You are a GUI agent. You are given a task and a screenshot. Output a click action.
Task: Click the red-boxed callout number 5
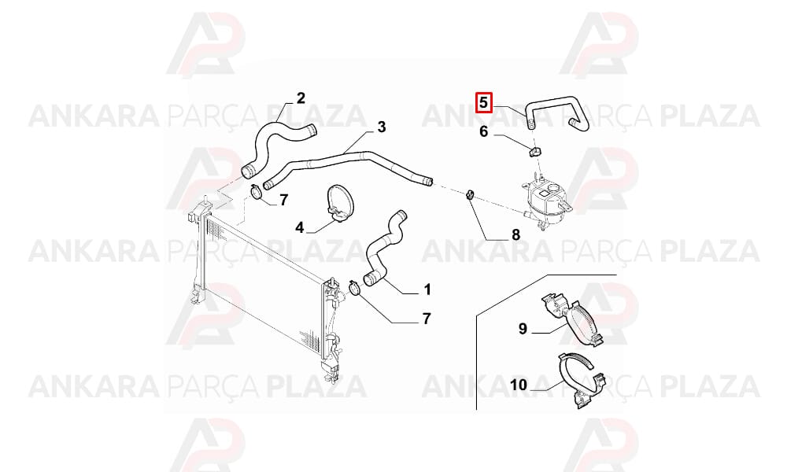[x=483, y=102]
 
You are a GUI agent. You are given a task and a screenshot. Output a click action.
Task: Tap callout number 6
[x=483, y=131]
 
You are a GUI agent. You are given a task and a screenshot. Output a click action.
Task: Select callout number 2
[x=301, y=98]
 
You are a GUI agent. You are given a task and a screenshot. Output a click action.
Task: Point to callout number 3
[x=382, y=127]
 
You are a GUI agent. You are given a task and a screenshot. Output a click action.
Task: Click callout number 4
[x=299, y=227]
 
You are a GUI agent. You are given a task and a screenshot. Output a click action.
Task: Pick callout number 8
[x=515, y=234]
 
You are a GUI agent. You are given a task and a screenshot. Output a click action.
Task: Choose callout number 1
[x=427, y=289]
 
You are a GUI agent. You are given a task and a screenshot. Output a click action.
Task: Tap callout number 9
[x=523, y=329]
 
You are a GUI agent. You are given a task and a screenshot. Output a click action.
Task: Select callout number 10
[x=519, y=385]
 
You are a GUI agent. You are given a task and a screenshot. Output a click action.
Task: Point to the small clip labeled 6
[x=535, y=151]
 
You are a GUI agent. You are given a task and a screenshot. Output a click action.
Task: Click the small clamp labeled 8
[x=470, y=195]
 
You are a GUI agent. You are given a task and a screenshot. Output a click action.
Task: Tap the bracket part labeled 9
[x=572, y=319]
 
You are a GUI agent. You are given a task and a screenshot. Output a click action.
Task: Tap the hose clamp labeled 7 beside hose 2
[x=256, y=192]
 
